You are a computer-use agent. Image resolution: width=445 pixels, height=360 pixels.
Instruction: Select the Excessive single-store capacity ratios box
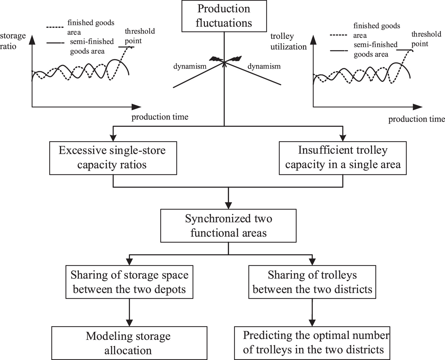(x=113, y=158)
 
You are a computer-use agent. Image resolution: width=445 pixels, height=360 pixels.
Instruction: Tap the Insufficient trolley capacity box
(x=343, y=158)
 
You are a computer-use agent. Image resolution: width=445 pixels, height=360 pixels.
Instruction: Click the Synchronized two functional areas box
(x=228, y=226)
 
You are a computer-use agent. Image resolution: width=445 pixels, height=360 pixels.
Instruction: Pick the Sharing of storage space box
(x=129, y=282)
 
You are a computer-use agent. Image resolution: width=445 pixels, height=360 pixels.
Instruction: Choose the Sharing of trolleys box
(x=312, y=282)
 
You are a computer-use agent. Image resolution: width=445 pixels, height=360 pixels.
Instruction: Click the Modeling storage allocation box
(x=129, y=343)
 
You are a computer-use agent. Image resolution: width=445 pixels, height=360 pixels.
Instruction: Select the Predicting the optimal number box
(x=312, y=343)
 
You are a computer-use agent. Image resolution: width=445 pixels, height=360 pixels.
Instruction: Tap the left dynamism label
(x=190, y=66)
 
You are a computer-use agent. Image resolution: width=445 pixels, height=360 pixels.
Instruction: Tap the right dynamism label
(x=264, y=66)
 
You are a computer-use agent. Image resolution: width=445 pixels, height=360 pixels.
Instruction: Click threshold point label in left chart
(x=140, y=36)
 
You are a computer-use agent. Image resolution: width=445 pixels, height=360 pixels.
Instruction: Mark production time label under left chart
(x=160, y=117)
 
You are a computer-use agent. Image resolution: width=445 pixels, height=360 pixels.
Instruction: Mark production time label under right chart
(x=417, y=119)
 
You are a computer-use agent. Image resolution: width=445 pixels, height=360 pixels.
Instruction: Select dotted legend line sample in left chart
(x=55, y=28)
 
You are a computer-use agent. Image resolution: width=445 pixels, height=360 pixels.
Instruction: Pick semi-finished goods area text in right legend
(x=376, y=49)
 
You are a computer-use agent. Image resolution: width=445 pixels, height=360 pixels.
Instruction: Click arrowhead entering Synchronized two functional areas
(x=228, y=206)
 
